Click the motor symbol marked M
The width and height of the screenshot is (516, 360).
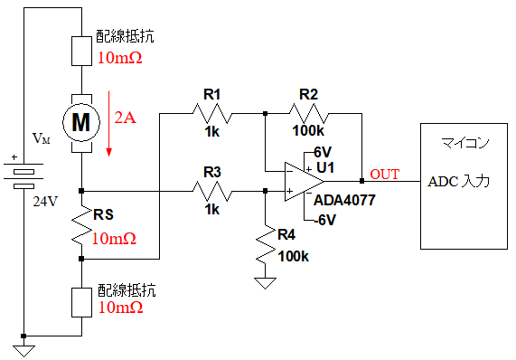coord(81,123)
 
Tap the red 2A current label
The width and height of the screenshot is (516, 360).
coord(125,118)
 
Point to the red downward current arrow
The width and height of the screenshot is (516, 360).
coord(109,124)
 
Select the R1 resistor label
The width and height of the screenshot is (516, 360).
coord(212,95)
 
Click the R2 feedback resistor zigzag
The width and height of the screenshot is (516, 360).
coord(309,114)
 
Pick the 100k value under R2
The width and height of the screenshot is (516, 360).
coord(308,131)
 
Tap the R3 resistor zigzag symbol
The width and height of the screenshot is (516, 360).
coord(212,191)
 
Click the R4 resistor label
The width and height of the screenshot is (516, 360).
coord(286,234)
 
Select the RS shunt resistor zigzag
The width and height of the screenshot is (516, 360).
coord(81,225)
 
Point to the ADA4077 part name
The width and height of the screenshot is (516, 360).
coord(344,200)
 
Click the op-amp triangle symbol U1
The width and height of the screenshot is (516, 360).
coord(304,181)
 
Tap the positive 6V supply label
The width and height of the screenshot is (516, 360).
coord(323,152)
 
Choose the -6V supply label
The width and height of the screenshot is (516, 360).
coord(324,220)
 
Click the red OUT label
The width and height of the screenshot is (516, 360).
coord(384,175)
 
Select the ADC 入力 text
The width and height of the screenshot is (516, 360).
coord(458,182)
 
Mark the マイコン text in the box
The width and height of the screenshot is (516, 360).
coord(464,143)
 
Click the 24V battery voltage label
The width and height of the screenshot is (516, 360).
coord(45,201)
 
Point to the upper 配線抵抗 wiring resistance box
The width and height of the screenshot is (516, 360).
coord(81,51)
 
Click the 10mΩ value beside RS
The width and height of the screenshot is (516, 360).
coord(114,239)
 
